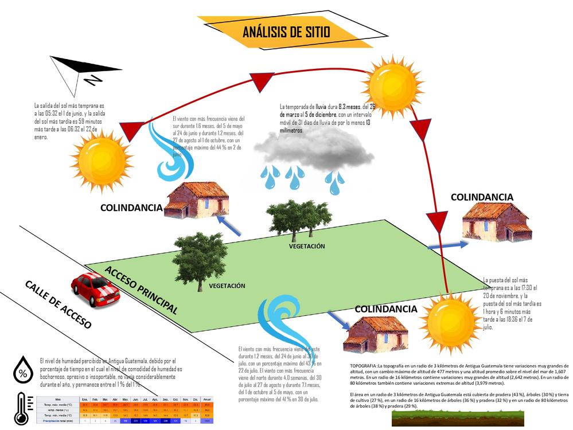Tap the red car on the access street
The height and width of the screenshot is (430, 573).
click(95, 289)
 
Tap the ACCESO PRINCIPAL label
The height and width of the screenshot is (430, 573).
click(141, 290)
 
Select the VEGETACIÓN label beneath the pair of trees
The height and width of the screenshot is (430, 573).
click(306, 246)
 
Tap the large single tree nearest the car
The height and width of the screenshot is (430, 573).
click(199, 259)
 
